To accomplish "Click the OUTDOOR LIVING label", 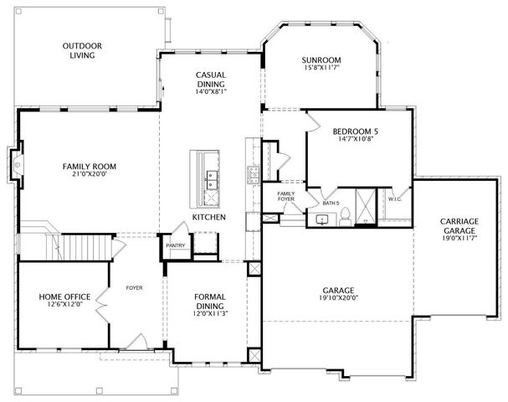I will point(81,50).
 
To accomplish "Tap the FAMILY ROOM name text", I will point(89,167).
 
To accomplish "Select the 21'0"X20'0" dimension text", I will point(89,176).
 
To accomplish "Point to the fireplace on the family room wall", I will point(16,166).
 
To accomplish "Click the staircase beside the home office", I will point(80,246).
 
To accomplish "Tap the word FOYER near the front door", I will point(134,288).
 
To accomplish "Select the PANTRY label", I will point(175,245).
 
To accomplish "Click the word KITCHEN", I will point(208,217).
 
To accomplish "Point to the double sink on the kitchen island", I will point(211,179).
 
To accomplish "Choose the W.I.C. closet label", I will point(395,199).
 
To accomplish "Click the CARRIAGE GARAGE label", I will point(459,226).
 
